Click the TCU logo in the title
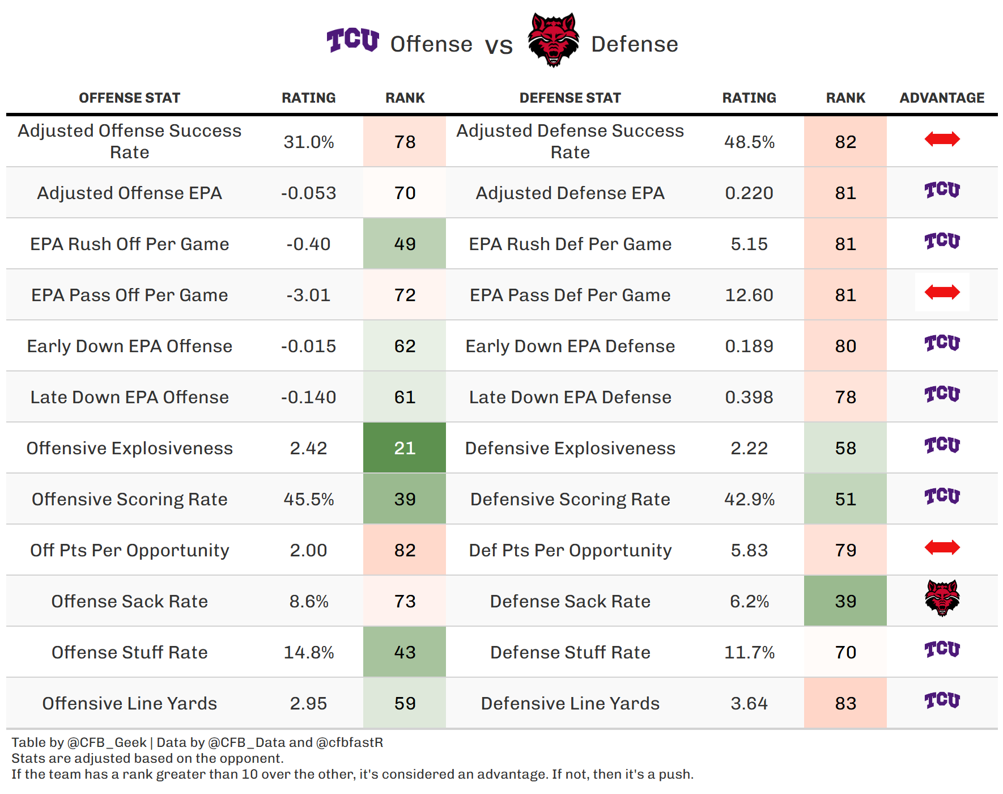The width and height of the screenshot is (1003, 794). click(352, 40)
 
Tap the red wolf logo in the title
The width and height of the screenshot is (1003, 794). click(554, 40)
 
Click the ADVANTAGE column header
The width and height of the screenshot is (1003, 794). click(942, 98)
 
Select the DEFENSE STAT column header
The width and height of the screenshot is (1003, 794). click(570, 98)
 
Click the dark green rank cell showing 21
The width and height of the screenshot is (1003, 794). click(405, 447)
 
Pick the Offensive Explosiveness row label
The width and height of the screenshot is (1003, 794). click(130, 448)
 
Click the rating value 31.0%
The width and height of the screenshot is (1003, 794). click(309, 142)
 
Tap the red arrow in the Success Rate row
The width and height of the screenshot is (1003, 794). click(942, 139)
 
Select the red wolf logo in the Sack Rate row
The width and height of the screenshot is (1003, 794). click(942, 598)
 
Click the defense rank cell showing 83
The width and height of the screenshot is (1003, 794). click(845, 703)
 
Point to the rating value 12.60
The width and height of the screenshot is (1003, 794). click(749, 295)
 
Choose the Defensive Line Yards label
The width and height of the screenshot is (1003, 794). click(570, 703)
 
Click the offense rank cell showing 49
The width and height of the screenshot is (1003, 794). click(405, 243)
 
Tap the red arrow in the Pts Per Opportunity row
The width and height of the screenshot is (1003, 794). click(942, 547)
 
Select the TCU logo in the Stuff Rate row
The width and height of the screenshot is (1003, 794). click(942, 649)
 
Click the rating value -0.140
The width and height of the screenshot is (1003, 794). click(309, 397)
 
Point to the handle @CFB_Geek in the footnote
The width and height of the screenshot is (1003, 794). click(107, 742)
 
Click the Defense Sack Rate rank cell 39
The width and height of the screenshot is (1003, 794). click(845, 601)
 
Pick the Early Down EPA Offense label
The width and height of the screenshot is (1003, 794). click(130, 346)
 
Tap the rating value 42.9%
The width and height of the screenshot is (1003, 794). click(749, 499)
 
